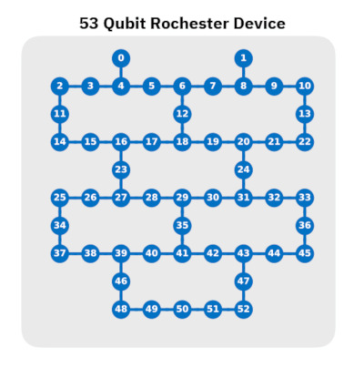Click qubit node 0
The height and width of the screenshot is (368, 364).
coord(121,58)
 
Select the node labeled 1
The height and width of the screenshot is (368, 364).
coord(243,58)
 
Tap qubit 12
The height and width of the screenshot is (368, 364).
coord(182,114)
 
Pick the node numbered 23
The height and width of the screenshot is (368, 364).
coord(121,169)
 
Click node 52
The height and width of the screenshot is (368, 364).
coord(243,309)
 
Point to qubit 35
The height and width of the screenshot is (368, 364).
coord(182,225)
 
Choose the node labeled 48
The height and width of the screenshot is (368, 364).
coord(121,309)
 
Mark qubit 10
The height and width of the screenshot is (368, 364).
coord(305,86)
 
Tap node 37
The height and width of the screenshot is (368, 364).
coord(60,253)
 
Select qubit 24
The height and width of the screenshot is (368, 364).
coord(243,169)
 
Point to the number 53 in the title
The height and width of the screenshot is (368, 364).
coord(89,24)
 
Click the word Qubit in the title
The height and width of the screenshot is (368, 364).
coord(125,24)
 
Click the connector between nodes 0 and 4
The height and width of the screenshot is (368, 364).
coord(121,72)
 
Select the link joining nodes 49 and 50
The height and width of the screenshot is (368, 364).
coord(167,309)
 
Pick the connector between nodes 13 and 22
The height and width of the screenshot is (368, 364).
coord(305,128)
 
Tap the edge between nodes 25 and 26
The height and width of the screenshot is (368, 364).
coord(76,198)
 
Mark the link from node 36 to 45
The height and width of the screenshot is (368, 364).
coord(305,240)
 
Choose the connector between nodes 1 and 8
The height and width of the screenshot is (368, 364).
coord(243,72)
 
